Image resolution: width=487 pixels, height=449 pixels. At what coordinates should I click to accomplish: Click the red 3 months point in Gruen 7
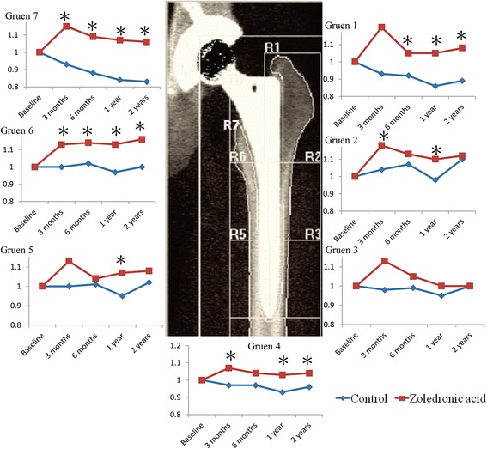tap(65, 27)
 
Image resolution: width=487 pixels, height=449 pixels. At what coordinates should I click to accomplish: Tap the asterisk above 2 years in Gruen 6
tap(142, 127)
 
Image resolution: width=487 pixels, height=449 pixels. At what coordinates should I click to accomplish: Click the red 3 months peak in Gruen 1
tap(383, 27)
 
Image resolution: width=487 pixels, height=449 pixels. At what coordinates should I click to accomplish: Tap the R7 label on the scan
tap(231, 126)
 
